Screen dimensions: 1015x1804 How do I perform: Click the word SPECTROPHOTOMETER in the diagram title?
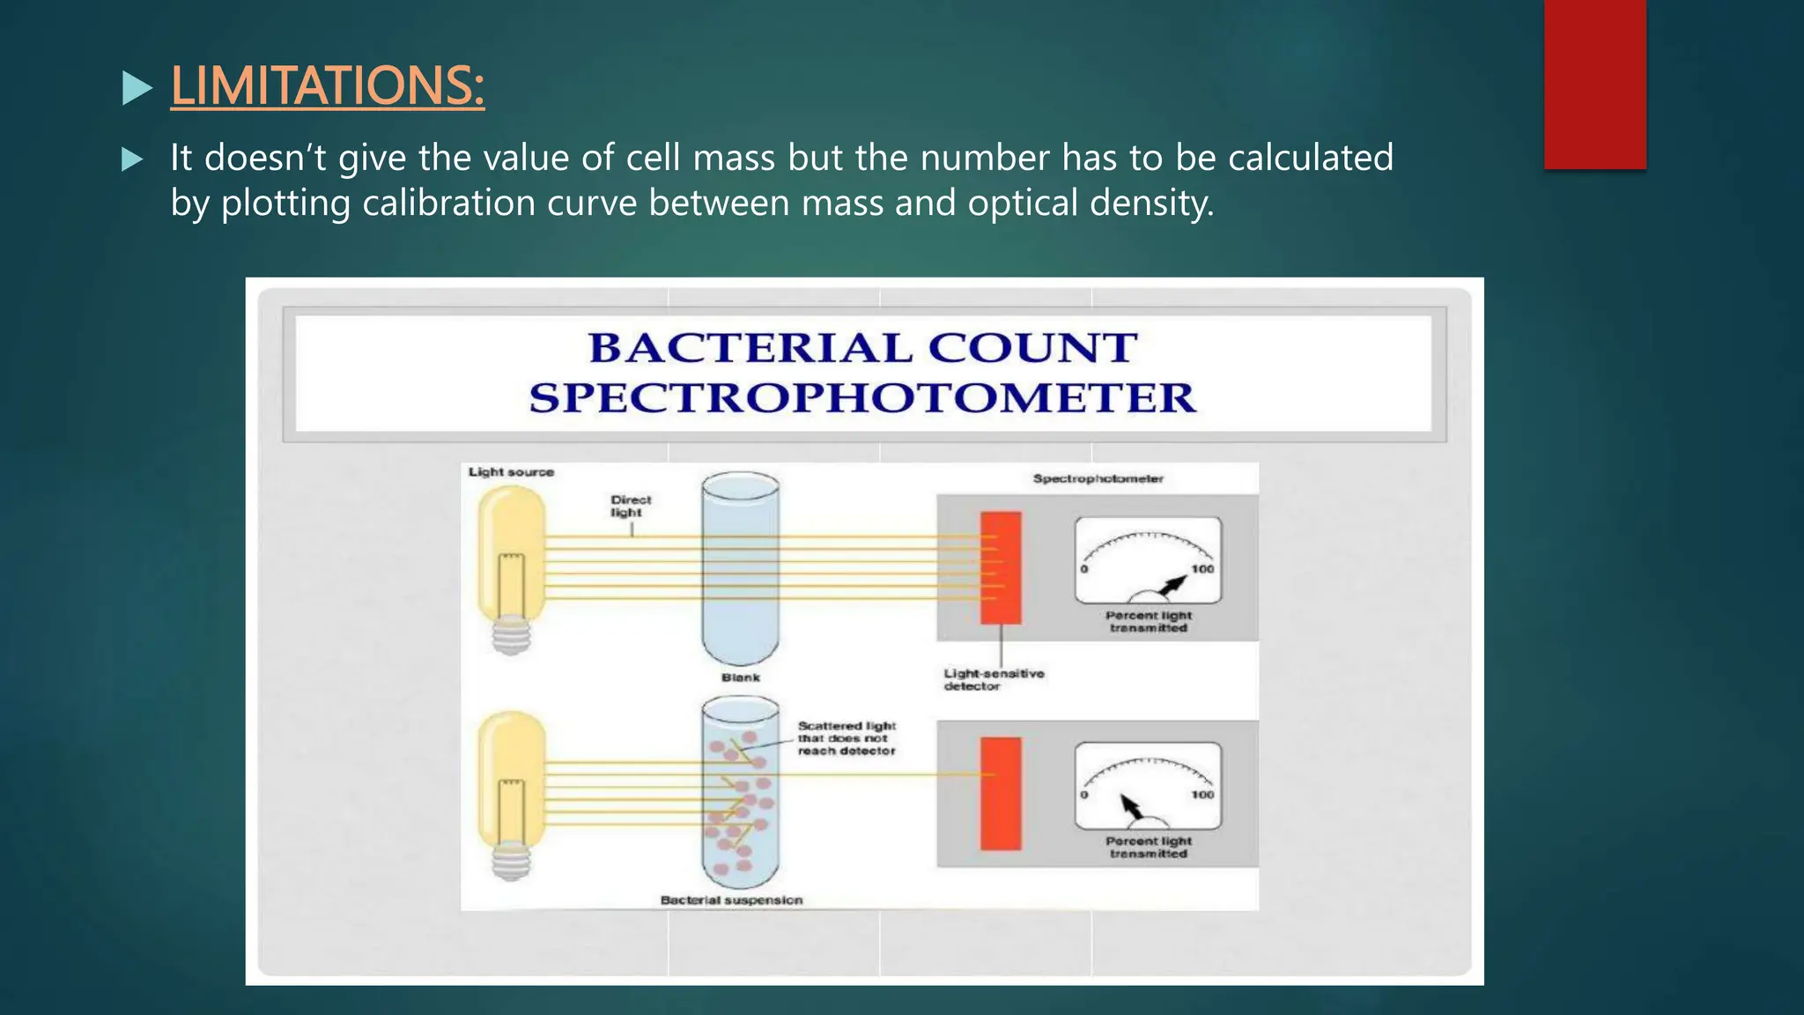pyautogui.click(x=861, y=398)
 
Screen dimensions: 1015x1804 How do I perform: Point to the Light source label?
pyautogui.click(x=511, y=472)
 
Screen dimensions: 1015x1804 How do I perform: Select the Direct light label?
pyautogui.click(x=631, y=506)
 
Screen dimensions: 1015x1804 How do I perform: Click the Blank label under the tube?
pyautogui.click(x=740, y=678)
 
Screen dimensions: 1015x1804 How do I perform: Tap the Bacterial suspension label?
pyautogui.click(x=731, y=900)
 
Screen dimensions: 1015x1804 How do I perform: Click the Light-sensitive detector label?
pyautogui.click(x=993, y=679)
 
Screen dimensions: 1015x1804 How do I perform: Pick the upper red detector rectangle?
pyautogui.click(x=1001, y=567)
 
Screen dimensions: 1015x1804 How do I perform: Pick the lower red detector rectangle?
pyautogui.click(x=1001, y=793)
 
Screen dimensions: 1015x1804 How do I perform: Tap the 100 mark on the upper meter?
pyautogui.click(x=1202, y=569)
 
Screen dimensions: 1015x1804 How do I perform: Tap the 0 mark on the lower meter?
pyautogui.click(x=1084, y=795)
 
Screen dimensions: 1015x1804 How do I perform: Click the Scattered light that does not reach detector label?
pyautogui.click(x=846, y=738)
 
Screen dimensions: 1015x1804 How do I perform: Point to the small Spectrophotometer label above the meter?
pyautogui.click(x=1098, y=478)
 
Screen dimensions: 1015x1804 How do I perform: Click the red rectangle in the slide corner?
pyautogui.click(x=1594, y=84)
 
